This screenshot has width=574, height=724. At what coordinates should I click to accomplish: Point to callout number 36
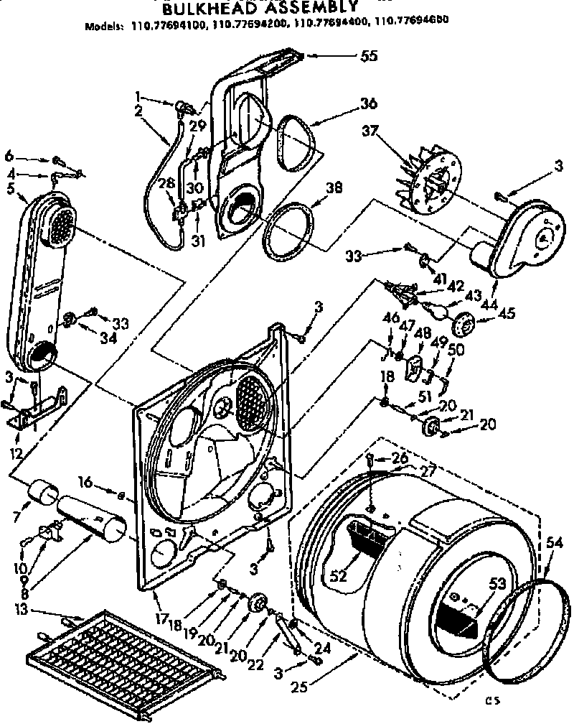point(369,103)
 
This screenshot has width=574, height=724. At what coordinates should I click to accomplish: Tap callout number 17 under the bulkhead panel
point(164,615)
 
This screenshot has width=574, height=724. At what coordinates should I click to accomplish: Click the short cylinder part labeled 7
point(45,495)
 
